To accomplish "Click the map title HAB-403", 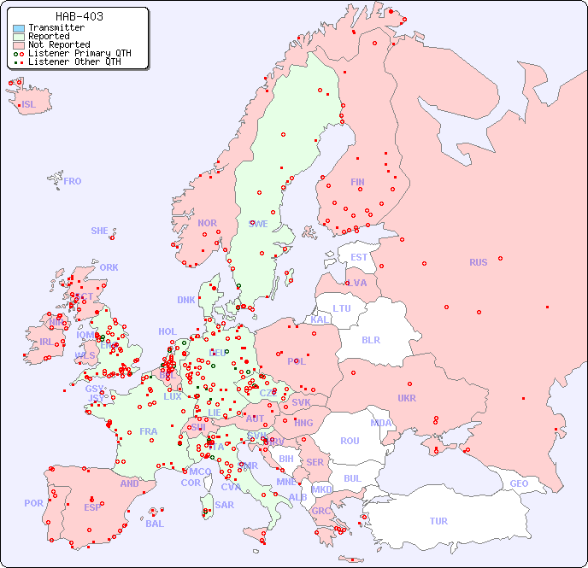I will pyautogui.click(x=79, y=16).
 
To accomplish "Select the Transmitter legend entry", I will pyautogui.click(x=56, y=27).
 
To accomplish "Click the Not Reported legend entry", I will pyautogui.click(x=58, y=44).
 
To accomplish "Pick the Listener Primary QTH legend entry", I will pyautogui.click(x=79, y=53).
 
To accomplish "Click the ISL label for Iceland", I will pyautogui.click(x=29, y=105).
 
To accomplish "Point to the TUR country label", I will pyautogui.click(x=438, y=521).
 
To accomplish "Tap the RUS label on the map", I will pyautogui.click(x=478, y=262).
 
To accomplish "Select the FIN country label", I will pyautogui.click(x=357, y=182).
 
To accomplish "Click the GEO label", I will pyautogui.click(x=519, y=483).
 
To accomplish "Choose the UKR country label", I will pyautogui.click(x=407, y=398).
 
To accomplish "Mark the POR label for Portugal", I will pyautogui.click(x=33, y=503).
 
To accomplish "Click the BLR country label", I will pyautogui.click(x=370, y=339).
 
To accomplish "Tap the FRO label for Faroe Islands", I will pyautogui.click(x=73, y=181).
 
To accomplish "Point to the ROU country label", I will pyautogui.click(x=350, y=441).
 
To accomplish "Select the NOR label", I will pyautogui.click(x=207, y=223).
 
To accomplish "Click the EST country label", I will pyautogui.click(x=359, y=257).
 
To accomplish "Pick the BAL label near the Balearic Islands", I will pyautogui.click(x=155, y=524).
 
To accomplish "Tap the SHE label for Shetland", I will pyautogui.click(x=100, y=231).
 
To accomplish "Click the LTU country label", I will pyautogui.click(x=342, y=308).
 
